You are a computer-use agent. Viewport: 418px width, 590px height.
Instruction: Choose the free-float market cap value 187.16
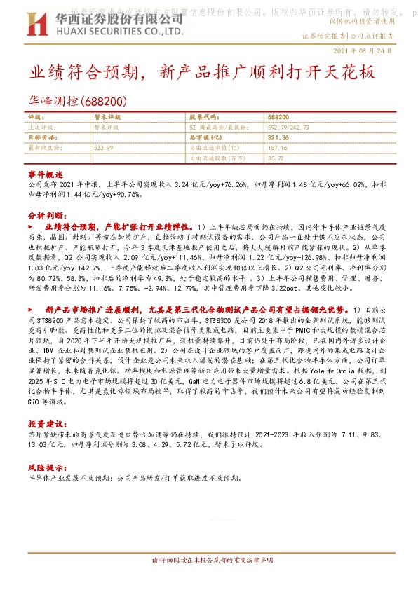pos(278,148)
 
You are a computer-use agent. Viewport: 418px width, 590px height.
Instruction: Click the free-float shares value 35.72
pos(276,158)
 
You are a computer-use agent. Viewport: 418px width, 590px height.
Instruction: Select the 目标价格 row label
pos(40,138)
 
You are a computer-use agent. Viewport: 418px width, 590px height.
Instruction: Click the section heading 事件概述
pos(46,173)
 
